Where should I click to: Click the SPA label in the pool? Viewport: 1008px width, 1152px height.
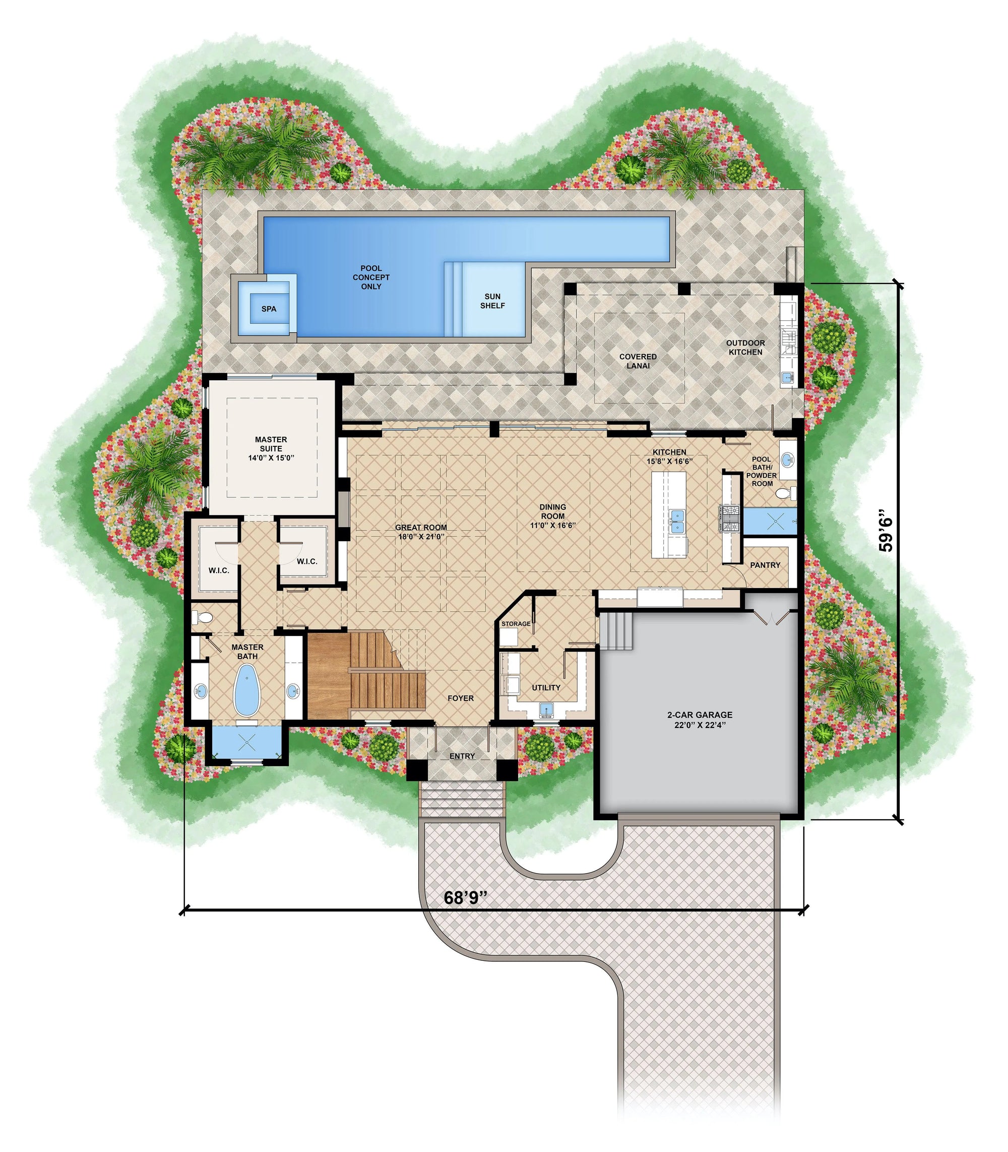click(269, 309)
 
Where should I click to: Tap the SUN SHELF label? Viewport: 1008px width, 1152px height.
click(492, 301)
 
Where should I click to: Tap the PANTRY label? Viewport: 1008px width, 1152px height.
click(765, 565)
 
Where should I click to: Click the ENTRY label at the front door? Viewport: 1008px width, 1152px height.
click(462, 756)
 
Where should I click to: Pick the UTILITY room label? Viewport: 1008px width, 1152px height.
click(546, 687)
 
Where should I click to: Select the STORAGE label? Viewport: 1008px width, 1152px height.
click(516, 623)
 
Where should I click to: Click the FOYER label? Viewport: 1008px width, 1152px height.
click(461, 699)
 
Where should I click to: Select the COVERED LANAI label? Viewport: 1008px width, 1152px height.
click(638, 361)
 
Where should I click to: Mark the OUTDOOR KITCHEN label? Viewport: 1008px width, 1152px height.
click(745, 347)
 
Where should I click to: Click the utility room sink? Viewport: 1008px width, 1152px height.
click(545, 710)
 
